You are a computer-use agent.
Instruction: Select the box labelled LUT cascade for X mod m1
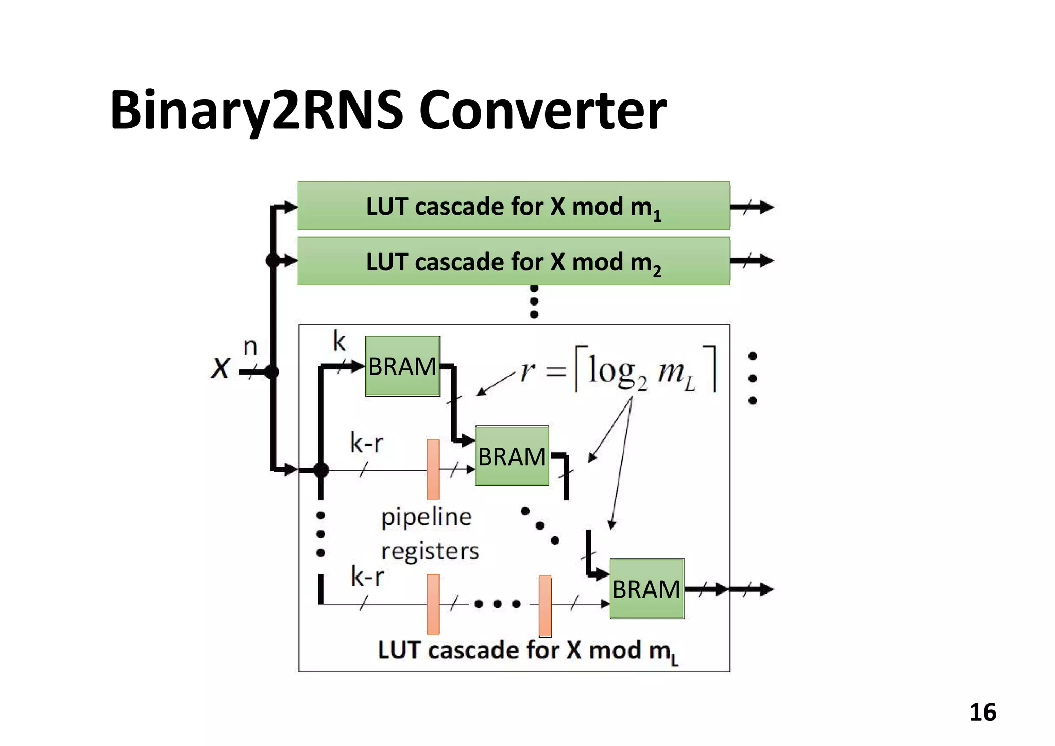514,206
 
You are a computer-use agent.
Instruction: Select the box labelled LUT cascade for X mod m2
514,262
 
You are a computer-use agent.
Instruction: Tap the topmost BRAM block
402,366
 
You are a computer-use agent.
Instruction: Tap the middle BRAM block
512,456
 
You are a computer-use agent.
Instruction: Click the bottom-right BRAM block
646,589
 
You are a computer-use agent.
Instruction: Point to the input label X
220,368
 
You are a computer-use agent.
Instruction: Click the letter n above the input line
250,346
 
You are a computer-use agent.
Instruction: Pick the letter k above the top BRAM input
339,341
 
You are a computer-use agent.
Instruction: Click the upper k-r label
366,443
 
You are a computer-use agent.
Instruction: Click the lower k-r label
367,576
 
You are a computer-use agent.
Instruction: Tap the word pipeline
426,517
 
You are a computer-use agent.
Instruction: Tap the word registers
430,551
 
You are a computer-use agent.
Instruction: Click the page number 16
982,712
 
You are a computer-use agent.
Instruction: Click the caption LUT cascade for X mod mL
528,651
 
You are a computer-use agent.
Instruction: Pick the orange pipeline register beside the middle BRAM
433,469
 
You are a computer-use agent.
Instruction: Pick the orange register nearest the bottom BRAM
545,606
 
